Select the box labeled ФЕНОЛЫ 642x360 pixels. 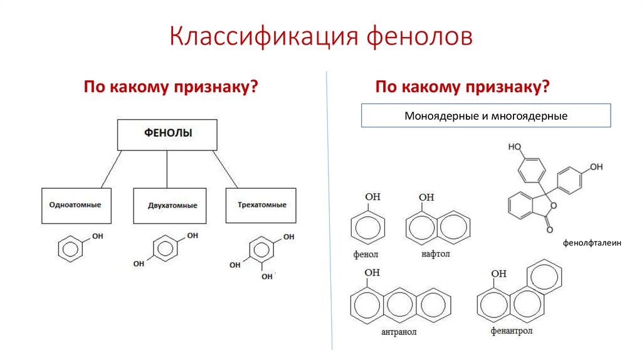(168, 135)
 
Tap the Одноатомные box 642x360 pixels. (76, 206)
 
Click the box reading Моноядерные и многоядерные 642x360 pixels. (486, 116)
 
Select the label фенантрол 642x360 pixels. (512, 331)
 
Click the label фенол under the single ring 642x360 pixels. (366, 255)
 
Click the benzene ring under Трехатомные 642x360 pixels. (257, 251)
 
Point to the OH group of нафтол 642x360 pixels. (426, 198)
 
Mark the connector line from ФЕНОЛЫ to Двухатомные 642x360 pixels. (167, 169)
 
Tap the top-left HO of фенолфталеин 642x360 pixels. (515, 147)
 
